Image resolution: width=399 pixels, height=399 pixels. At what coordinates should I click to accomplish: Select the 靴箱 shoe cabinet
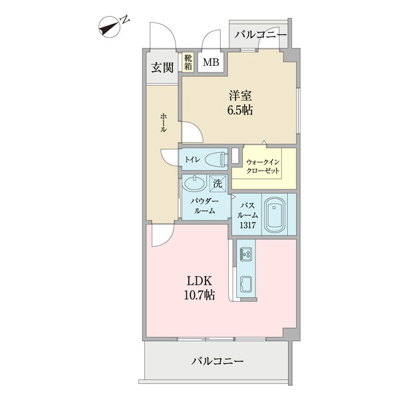189,63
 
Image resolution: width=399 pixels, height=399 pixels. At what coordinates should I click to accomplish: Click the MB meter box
211,63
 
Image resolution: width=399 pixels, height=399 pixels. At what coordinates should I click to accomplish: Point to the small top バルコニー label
260,35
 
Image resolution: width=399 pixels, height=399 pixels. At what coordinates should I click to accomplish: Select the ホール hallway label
163,124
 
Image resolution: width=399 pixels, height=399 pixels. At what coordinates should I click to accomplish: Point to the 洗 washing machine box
217,184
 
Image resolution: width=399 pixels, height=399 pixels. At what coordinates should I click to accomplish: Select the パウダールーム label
203,205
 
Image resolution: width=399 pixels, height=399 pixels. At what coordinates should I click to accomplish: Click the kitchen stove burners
245,253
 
